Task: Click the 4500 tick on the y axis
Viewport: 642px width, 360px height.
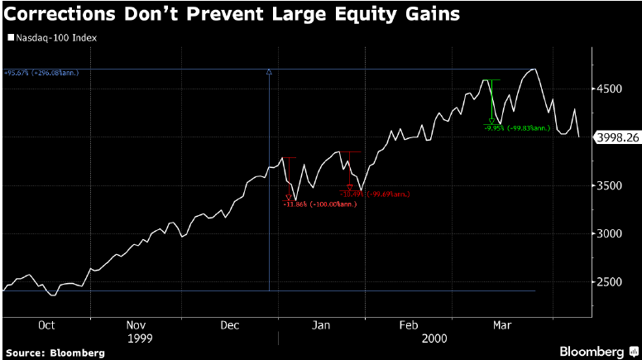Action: click(x=611, y=90)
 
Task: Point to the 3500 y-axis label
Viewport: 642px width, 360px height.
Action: click(x=611, y=186)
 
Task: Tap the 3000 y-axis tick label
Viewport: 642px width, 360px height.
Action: click(x=611, y=234)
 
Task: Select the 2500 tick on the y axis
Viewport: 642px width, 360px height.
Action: click(x=611, y=282)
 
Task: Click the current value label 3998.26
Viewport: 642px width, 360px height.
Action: click(x=616, y=138)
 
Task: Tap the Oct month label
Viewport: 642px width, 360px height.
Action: click(x=46, y=325)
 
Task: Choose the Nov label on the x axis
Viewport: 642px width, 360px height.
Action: click(x=137, y=325)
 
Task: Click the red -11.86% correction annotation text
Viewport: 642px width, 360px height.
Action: click(x=319, y=204)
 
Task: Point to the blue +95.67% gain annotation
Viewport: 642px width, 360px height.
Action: click(x=45, y=73)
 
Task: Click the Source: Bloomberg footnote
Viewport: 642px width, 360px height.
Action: click(x=55, y=353)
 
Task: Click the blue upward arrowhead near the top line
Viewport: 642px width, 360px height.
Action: click(x=269, y=73)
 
